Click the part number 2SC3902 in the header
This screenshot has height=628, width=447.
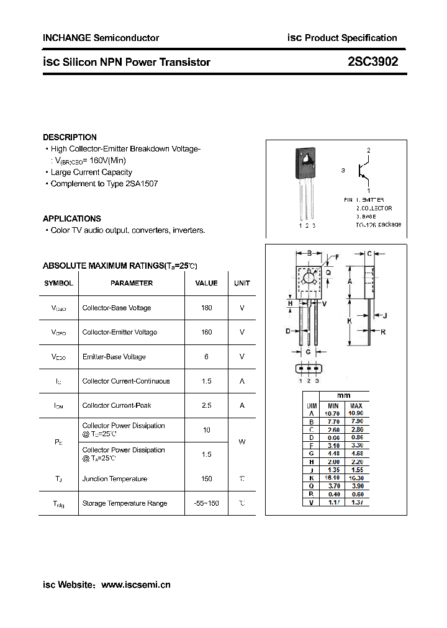tap(373, 62)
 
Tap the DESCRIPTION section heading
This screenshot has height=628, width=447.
tap(70, 137)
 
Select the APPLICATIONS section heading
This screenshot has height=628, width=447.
tap(71, 218)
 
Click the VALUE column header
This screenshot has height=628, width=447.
tap(206, 283)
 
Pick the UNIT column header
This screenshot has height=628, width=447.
tap(242, 283)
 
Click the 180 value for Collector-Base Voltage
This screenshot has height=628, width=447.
tap(206, 308)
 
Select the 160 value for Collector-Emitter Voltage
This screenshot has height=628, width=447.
tap(206, 332)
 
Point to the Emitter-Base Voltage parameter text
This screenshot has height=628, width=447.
tap(114, 357)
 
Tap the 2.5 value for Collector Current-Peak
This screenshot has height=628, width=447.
tap(206, 405)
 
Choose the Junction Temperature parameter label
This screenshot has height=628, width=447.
tap(115, 478)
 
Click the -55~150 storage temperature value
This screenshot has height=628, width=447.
tap(206, 503)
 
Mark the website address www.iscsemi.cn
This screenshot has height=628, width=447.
tap(135, 585)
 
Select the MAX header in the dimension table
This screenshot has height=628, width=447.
tap(356, 405)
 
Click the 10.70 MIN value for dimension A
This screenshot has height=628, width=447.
tap(333, 413)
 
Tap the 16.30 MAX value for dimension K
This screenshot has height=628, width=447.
tap(356, 478)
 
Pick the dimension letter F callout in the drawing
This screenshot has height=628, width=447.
tap(337, 256)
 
